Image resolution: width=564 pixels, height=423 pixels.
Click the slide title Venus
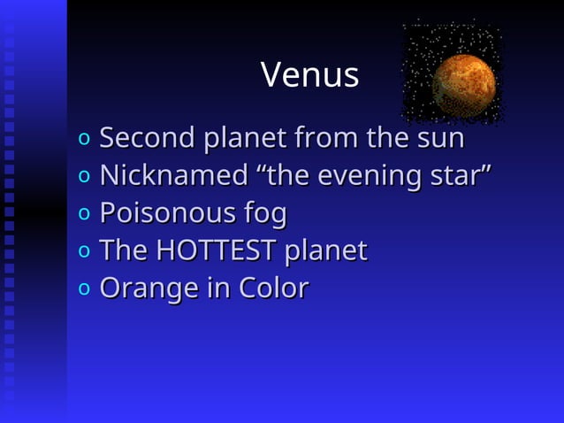(309, 75)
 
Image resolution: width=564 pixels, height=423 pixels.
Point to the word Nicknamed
(173, 176)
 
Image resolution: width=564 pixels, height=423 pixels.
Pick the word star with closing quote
(457, 176)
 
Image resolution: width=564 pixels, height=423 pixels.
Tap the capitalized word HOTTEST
(216, 250)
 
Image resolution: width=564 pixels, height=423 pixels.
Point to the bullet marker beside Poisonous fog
(83, 215)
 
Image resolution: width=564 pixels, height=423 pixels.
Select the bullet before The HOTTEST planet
(83, 252)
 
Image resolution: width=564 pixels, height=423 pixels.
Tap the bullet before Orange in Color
(83, 289)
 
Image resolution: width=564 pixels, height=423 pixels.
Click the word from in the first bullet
(326, 139)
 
